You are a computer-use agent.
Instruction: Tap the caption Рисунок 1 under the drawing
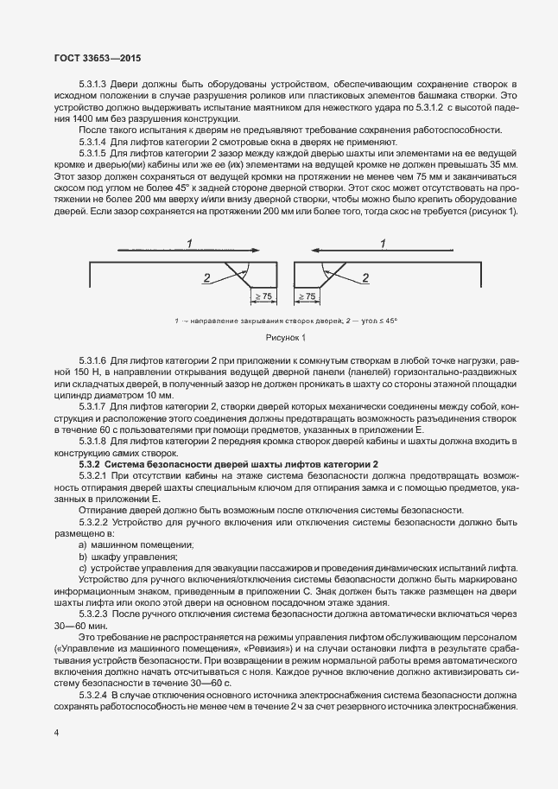pyautogui.click(x=278, y=338)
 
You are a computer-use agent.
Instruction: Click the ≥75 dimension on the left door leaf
pyautogui.click(x=262, y=296)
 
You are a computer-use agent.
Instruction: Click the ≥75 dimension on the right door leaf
pyautogui.click(x=306, y=296)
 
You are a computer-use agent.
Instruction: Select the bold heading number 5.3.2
pyautogui.click(x=93, y=463)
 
